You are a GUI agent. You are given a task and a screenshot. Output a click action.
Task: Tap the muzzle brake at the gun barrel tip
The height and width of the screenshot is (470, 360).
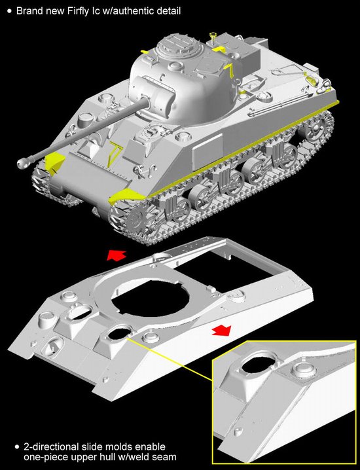pos(22,163)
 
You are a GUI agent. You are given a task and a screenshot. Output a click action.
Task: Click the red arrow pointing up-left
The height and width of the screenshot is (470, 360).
pos(116,255)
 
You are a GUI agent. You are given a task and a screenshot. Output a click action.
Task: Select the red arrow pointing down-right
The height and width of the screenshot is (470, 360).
pos(221,330)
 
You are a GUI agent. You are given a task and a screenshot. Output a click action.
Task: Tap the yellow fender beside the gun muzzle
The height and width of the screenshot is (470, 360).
pos(54,164)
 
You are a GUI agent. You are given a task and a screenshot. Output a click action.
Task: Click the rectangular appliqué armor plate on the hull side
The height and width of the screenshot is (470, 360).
pos(208,152)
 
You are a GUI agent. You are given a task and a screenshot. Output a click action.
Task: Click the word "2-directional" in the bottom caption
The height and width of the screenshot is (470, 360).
pos(52,446)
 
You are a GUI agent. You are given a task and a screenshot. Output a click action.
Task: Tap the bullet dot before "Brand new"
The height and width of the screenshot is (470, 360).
pos(10,11)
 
